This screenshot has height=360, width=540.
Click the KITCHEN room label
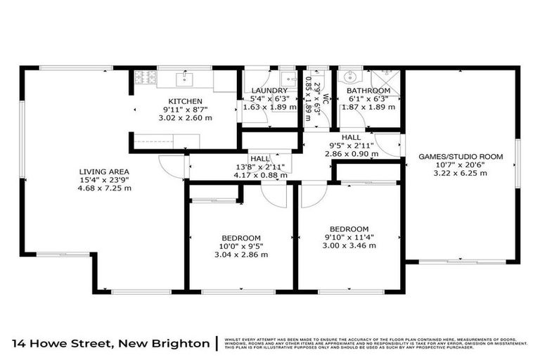186,101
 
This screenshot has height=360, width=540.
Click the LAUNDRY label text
270,91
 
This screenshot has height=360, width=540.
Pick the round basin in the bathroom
349,77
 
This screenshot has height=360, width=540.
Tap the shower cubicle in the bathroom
385,77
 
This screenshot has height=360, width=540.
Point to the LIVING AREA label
104,171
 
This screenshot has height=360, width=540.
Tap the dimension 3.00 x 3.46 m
349,245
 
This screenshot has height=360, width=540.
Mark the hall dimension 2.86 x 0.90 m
352,153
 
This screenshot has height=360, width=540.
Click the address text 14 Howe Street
67,343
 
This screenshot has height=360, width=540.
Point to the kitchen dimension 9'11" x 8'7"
186,109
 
